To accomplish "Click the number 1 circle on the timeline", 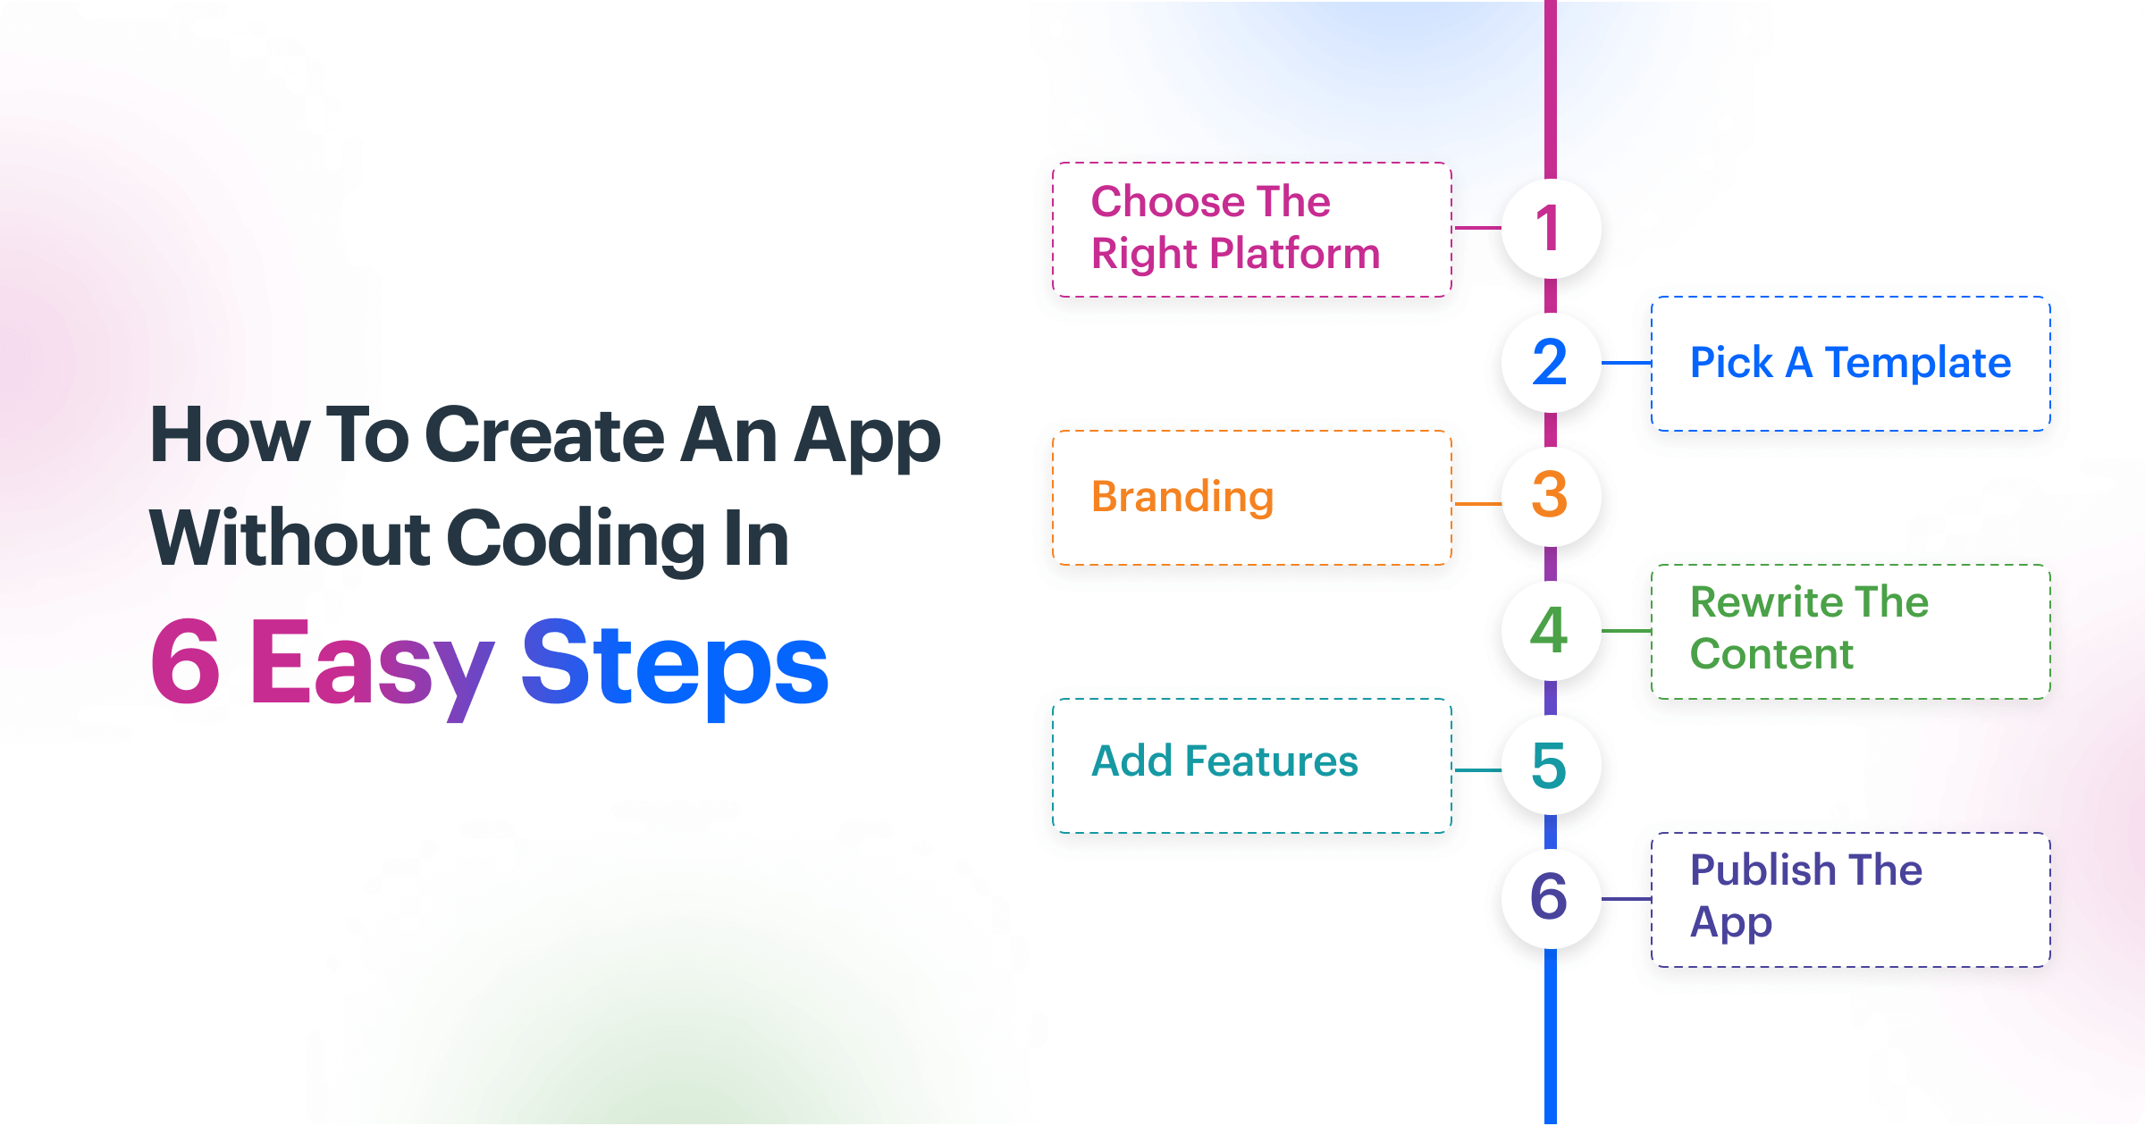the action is [1551, 228].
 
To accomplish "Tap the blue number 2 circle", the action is [1551, 362].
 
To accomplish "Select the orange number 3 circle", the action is [1551, 496].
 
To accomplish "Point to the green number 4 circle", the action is [1551, 630].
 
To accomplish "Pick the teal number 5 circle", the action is [1551, 765].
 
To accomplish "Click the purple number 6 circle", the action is [1551, 898].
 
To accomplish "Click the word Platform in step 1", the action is [1294, 254].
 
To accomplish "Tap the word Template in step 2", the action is [1917, 363].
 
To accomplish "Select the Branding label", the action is [1182, 497].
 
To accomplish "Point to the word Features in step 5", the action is [1271, 761].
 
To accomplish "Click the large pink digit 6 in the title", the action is [185, 662].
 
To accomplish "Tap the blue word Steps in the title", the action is [676, 668].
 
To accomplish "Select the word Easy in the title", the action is [371, 668].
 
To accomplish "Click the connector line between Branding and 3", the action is [1478, 504].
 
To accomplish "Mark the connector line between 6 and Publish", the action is [1626, 899].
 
